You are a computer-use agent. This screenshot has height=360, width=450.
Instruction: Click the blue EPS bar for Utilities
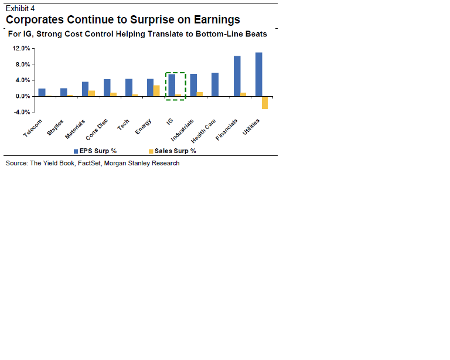click(258, 74)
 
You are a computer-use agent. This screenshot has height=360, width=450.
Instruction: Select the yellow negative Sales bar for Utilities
click(265, 103)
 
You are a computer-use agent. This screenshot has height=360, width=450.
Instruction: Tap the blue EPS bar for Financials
click(237, 76)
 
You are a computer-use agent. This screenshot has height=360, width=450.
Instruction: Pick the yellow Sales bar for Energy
click(156, 91)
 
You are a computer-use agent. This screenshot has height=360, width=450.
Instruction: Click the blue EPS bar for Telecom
click(42, 92)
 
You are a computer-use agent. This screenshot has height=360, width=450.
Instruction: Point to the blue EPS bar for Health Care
click(215, 84)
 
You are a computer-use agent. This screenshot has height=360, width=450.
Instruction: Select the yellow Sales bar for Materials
click(91, 93)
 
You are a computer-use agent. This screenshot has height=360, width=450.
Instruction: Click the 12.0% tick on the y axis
click(22, 49)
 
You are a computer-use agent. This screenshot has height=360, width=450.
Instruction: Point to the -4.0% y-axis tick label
click(22, 112)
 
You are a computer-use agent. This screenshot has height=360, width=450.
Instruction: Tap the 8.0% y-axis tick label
click(23, 64)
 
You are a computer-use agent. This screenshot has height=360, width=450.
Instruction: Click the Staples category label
click(56, 128)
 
